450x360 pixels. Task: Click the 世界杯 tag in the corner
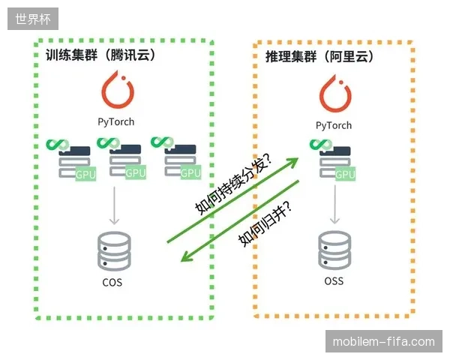tap(33, 19)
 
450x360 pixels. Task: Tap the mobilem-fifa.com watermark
tap(384, 341)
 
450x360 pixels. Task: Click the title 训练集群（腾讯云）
tap(100, 55)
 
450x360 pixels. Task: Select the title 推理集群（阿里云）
tap(319, 56)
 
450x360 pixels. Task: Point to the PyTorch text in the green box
tap(116, 122)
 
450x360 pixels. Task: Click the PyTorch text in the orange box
tap(334, 126)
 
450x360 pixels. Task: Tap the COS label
tap(112, 283)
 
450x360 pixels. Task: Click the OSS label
tap(334, 280)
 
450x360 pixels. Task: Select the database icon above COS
tap(114, 251)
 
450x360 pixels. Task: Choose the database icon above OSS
tap(334, 250)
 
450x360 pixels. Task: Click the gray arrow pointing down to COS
tap(114, 205)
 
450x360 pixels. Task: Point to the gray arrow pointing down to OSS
tap(335, 205)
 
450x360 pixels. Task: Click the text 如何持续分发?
tap(233, 184)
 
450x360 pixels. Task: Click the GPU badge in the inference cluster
tap(345, 174)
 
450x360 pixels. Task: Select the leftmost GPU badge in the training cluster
tap(85, 174)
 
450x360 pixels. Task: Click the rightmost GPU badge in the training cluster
tap(190, 172)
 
